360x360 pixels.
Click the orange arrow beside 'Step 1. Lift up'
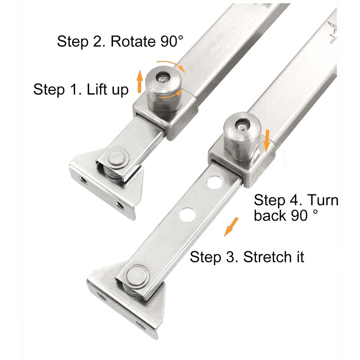tap(140, 81)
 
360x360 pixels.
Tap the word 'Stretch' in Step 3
tap(267, 257)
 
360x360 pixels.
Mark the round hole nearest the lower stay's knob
tap(213, 183)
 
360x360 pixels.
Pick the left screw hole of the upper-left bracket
tap(83, 180)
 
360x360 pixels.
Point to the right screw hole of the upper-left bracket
tap(120, 206)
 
